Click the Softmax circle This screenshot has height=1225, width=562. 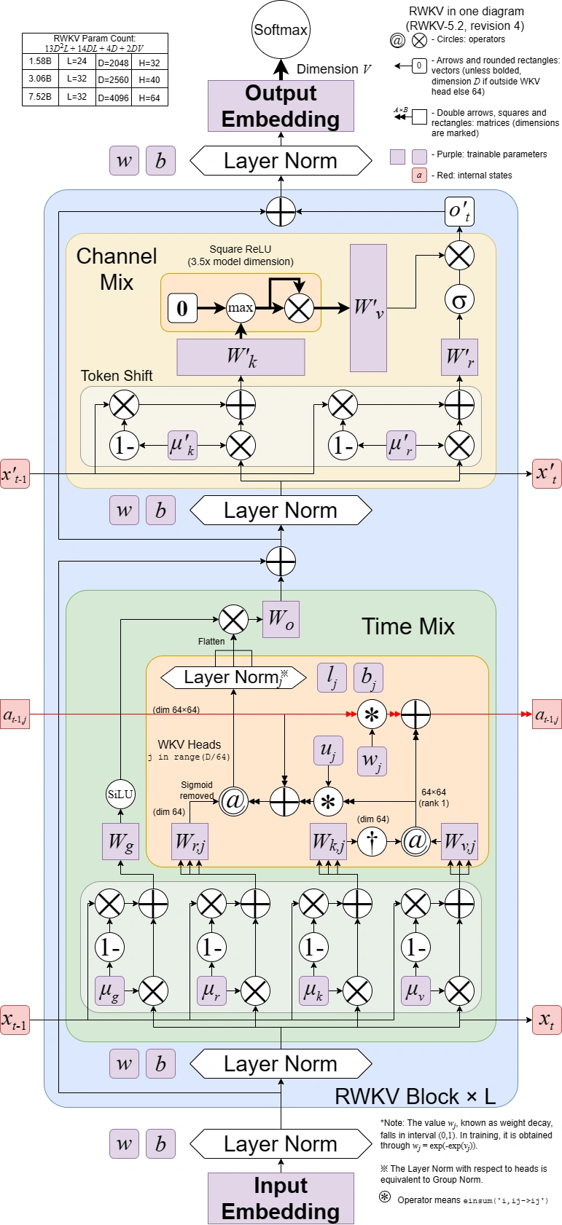pyautogui.click(x=281, y=30)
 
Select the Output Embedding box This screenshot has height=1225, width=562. pyautogui.click(x=281, y=106)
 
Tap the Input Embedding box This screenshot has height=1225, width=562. pyautogui.click(x=281, y=1198)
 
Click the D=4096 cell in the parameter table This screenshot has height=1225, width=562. pyautogui.click(x=113, y=98)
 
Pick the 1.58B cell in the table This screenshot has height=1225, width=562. pyautogui.click(x=40, y=63)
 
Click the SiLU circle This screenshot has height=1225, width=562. pyautogui.click(x=120, y=795)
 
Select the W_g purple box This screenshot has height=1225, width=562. pyautogui.click(x=120, y=842)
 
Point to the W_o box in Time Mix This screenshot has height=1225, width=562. pyautogui.click(x=281, y=619)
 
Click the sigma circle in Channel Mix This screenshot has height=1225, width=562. pyautogui.click(x=459, y=299)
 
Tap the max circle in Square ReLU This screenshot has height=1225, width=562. pyautogui.click(x=241, y=307)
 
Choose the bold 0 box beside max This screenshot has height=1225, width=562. pyautogui.click(x=182, y=308)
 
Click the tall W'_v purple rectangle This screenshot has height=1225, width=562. pyautogui.click(x=368, y=307)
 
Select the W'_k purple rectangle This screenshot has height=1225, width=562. pyautogui.click(x=241, y=357)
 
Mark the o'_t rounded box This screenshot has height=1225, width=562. pyautogui.click(x=459, y=211)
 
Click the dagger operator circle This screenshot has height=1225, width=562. pyautogui.click(x=372, y=841)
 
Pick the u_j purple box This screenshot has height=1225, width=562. pyautogui.click(x=328, y=751)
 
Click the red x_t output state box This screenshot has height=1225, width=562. pyautogui.click(x=547, y=1020)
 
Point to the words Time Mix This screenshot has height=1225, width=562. pyautogui.click(x=407, y=626)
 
